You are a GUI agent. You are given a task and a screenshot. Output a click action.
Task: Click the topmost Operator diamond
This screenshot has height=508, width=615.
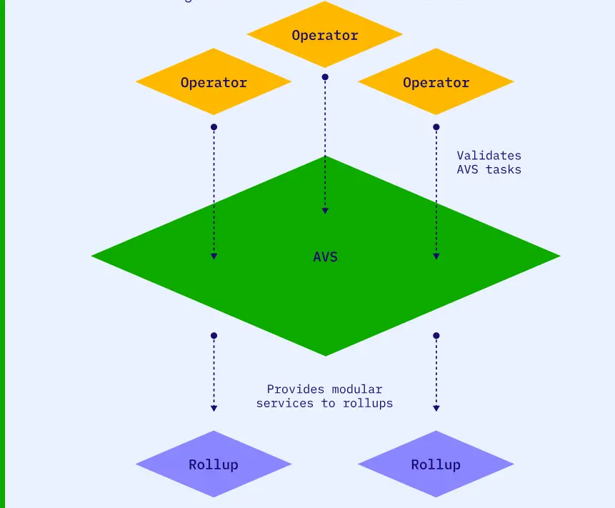coord(325,34)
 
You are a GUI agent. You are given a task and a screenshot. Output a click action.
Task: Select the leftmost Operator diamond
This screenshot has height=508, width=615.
coord(214,82)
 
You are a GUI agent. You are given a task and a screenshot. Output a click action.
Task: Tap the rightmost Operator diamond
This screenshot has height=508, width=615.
coord(436,82)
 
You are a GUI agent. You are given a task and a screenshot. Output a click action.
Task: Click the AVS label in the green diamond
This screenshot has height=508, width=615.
coord(325,257)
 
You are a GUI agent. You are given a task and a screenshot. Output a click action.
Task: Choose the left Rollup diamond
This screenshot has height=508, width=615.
coord(214,464)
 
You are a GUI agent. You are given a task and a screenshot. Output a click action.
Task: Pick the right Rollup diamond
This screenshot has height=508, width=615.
coord(436,464)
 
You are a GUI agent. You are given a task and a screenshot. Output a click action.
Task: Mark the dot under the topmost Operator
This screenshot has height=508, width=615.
coord(325,77)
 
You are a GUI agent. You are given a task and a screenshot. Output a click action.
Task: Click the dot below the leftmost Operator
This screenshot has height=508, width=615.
coord(214,127)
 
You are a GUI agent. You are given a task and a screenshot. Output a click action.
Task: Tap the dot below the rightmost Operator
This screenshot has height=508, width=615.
coord(436,127)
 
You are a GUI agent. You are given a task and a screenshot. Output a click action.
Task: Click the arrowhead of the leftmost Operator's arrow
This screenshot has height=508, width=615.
coord(214,256)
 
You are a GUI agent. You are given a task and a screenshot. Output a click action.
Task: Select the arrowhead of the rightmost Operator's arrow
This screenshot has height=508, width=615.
coord(436,256)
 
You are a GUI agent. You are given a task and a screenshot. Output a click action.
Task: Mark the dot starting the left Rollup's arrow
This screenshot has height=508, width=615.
coord(214,336)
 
